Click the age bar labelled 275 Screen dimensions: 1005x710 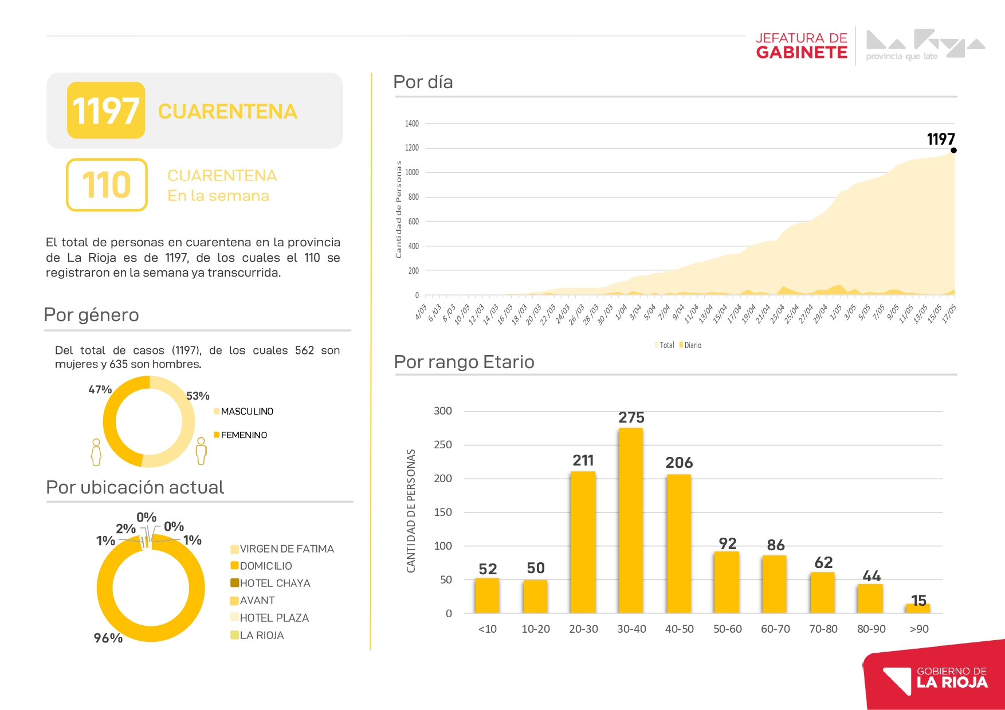point(631,520)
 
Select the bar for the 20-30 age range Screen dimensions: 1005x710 point(583,542)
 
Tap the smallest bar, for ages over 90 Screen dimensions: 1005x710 point(918,608)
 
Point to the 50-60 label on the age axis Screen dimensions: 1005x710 point(727,629)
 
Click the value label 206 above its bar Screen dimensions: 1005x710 point(679,463)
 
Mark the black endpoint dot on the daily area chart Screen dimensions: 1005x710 point(953,150)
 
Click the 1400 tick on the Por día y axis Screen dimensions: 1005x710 point(411,124)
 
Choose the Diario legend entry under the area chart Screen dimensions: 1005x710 point(690,345)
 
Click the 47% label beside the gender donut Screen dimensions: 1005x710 point(100,389)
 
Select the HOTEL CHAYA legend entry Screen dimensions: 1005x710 point(270,583)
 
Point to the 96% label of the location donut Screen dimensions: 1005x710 point(108,638)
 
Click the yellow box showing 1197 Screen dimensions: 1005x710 point(106,110)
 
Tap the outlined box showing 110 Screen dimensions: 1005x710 point(107,185)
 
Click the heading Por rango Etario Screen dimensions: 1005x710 point(464,362)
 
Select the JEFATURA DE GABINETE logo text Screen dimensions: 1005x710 point(801,46)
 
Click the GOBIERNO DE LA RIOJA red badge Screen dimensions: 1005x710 point(934,676)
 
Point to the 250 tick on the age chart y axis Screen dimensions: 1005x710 point(443,445)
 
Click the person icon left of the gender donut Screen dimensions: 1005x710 point(96,452)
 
